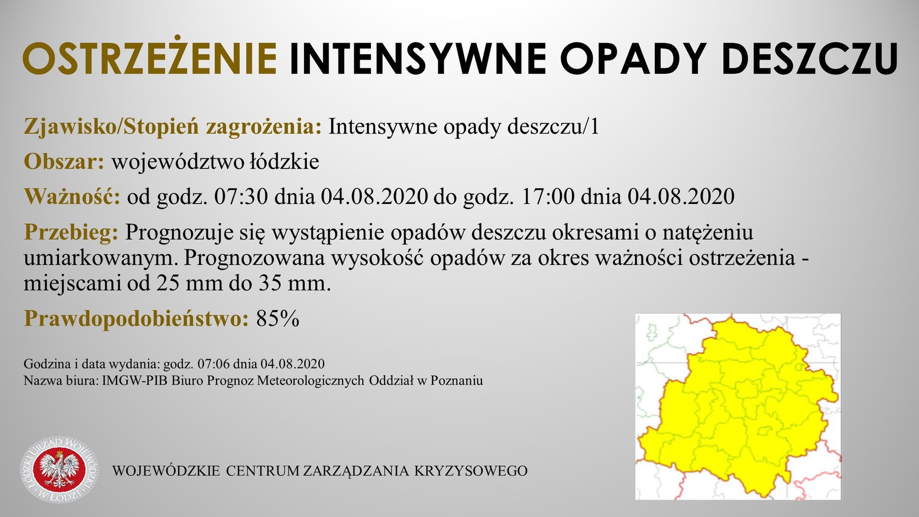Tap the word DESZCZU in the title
coord(809,58)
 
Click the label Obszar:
coord(64,162)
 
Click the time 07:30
coord(241,197)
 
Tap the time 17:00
coord(548,197)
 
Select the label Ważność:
coord(72,197)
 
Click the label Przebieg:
coord(71,233)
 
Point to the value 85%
coord(278,319)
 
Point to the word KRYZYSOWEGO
coord(471,471)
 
